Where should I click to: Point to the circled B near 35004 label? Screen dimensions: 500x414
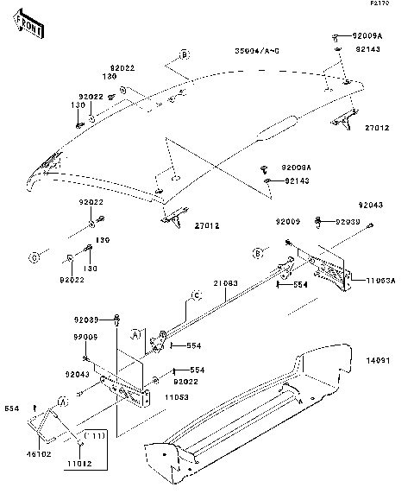[184, 54]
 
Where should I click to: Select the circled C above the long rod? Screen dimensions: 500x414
[196, 295]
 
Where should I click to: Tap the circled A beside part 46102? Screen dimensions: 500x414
[61, 402]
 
